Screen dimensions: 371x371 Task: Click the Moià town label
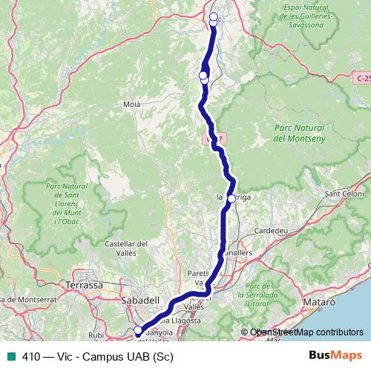(131, 105)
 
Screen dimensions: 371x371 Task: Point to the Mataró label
(321, 303)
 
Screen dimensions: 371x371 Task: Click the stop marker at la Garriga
(232, 198)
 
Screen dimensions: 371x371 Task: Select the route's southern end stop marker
(137, 331)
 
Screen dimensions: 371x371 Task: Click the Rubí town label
(96, 334)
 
